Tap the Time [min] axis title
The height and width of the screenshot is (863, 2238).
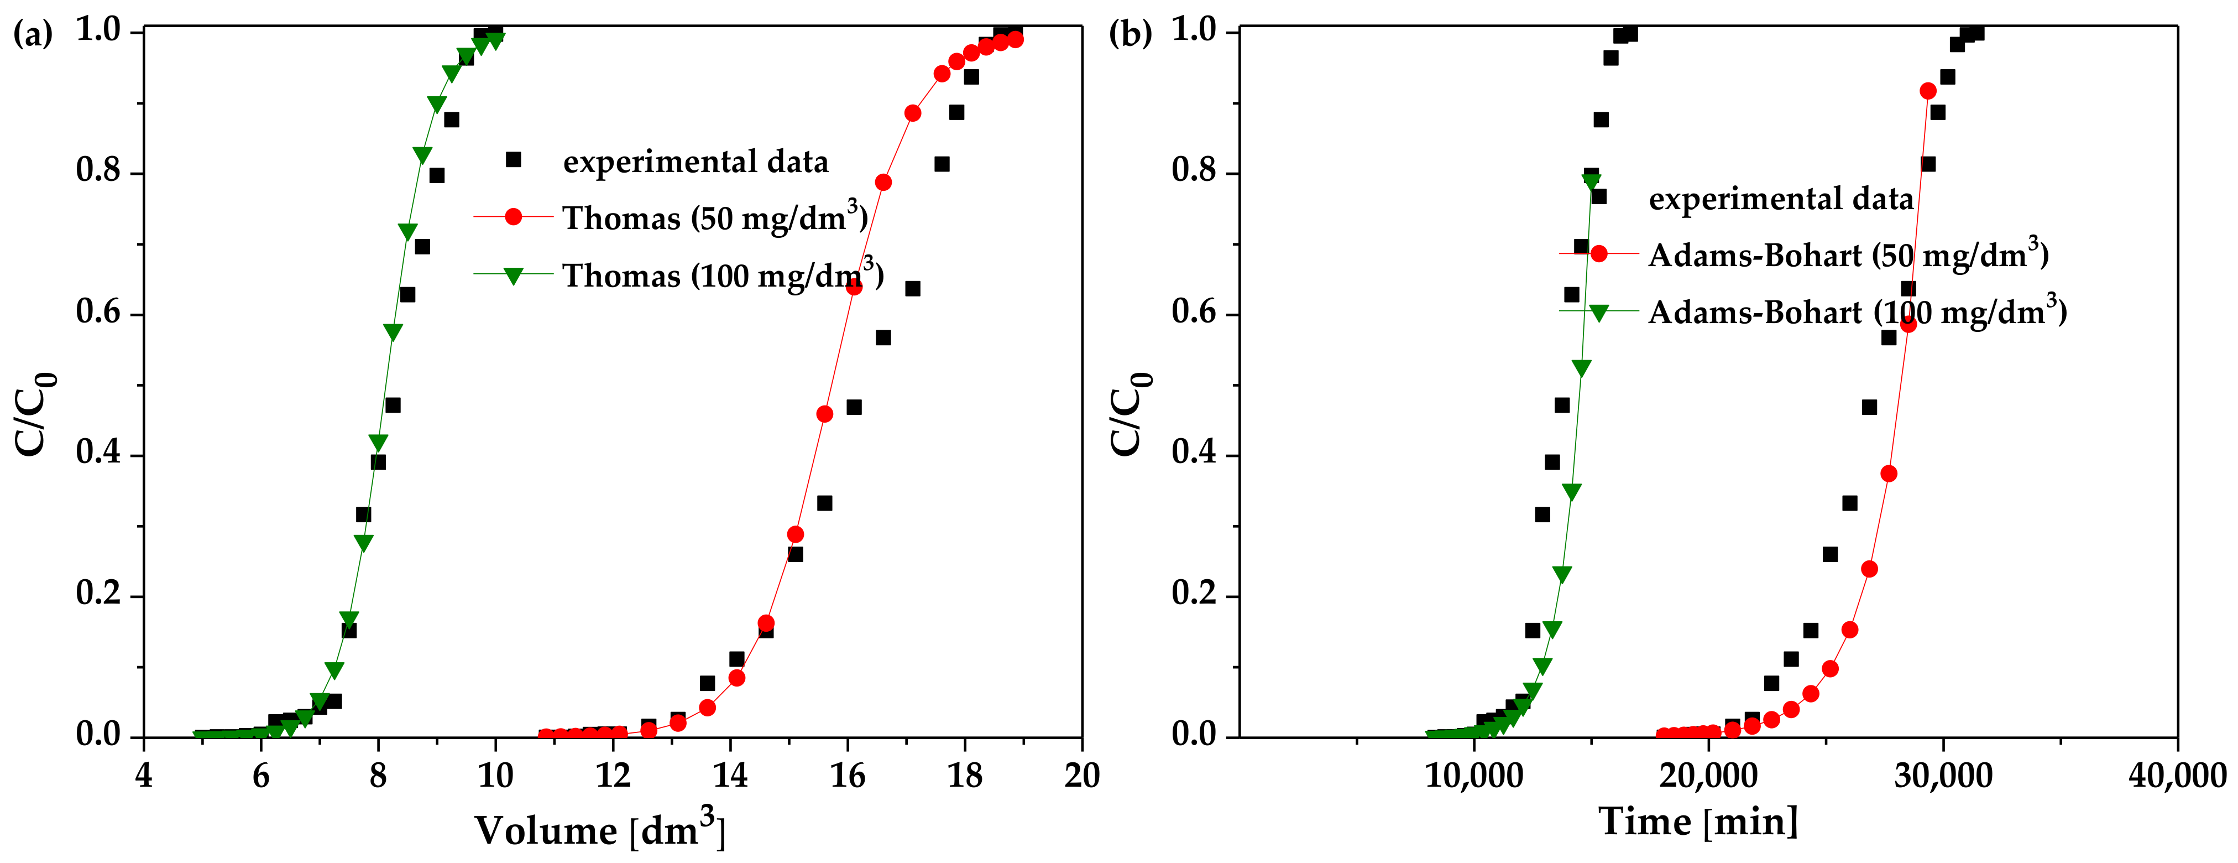click(1698, 822)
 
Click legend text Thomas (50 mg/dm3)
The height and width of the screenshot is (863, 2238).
click(714, 217)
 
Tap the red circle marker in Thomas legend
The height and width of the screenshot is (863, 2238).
click(514, 216)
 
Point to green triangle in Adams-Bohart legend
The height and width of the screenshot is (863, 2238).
click(1598, 312)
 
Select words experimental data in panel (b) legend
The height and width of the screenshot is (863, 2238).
click(1781, 199)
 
